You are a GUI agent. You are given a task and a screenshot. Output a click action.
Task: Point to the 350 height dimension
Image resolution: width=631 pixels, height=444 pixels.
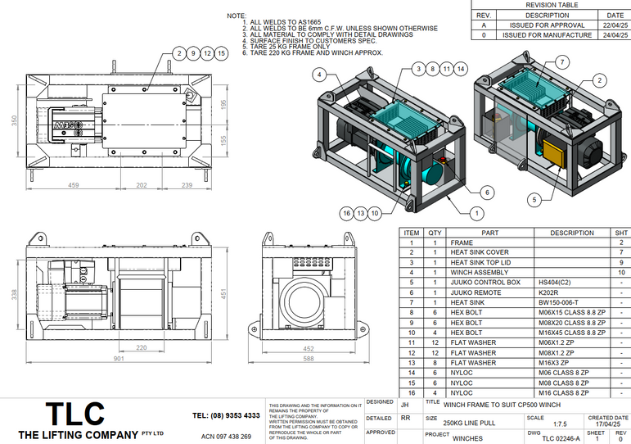(x=13, y=120)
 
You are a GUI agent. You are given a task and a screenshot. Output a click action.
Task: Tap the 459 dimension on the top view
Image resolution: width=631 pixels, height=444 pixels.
(x=74, y=185)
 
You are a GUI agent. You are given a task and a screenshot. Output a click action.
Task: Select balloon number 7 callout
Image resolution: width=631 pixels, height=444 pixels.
(x=561, y=62)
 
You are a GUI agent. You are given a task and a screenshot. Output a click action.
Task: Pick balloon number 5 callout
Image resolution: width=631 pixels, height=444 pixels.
(x=534, y=198)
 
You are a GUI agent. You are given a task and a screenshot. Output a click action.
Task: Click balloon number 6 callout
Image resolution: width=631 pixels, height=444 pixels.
(x=485, y=192)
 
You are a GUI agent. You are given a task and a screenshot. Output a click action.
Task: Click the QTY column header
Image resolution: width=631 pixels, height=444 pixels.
(x=435, y=233)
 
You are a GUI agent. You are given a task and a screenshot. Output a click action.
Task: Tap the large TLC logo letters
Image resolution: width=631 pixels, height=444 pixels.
(x=74, y=415)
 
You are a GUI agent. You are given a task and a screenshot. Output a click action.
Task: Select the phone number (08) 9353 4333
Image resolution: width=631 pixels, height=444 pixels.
(x=226, y=416)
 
